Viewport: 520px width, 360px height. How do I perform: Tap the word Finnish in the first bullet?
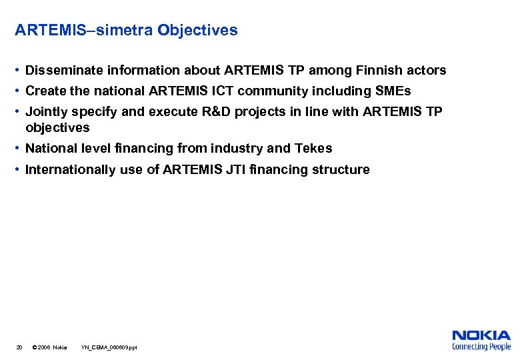pyautogui.click(x=378, y=71)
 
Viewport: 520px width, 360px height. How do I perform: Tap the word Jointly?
pyautogui.click(x=47, y=112)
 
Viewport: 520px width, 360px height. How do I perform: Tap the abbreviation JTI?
pyautogui.click(x=234, y=170)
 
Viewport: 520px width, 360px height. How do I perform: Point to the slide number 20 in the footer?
pyautogui.click(x=19, y=348)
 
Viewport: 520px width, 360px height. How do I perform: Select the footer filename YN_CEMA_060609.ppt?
pyautogui.click(x=109, y=348)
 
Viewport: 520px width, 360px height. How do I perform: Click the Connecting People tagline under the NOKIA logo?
pyautogui.click(x=481, y=347)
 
